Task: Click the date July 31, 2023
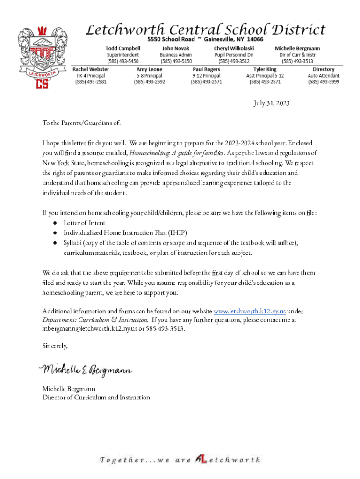272,103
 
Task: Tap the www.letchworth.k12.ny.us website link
250,311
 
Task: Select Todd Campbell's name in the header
123,48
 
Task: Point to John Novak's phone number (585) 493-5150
176,61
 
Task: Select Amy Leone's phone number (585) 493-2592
150,82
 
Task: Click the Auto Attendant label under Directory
324,76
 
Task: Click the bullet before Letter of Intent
55,223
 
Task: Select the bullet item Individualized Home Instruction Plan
125,232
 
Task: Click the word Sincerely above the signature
55,346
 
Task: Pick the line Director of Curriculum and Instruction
96,398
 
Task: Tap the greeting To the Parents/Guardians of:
81,123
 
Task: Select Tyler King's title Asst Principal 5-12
265,76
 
